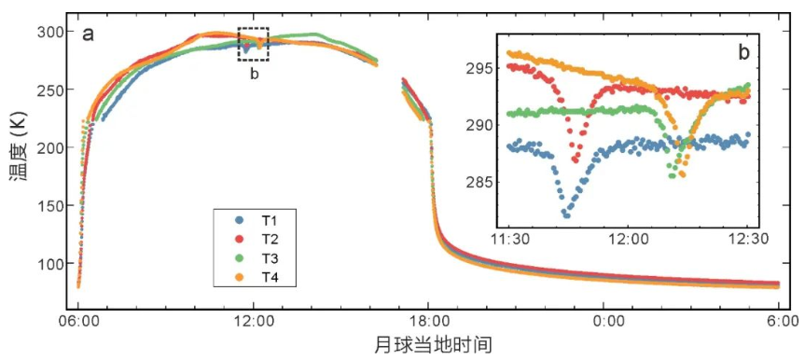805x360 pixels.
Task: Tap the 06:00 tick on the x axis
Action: [78, 323]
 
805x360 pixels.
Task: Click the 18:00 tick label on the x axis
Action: [429, 323]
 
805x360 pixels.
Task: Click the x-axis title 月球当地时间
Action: [433, 345]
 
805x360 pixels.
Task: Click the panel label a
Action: [89, 35]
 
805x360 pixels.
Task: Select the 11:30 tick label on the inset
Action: [509, 240]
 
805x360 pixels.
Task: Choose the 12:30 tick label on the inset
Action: [748, 240]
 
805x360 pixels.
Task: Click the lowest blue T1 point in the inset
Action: [567, 215]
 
